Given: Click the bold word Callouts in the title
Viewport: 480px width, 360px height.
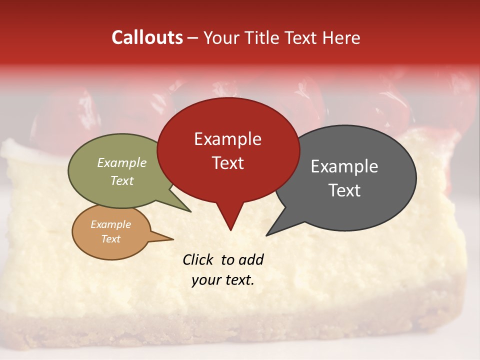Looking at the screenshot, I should (147, 37).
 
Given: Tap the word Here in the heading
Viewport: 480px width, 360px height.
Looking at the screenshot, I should (340, 37).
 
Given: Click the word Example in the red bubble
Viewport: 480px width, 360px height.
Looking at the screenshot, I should (227, 139).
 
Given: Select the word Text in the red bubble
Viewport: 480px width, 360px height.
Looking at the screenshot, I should (227, 163).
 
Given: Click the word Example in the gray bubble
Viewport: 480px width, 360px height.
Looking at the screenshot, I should (344, 166).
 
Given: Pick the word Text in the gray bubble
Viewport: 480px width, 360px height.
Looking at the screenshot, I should (344, 190).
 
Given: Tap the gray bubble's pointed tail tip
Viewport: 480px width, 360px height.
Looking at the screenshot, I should (267, 235).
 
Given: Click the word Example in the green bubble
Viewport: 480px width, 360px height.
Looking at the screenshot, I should (121, 163).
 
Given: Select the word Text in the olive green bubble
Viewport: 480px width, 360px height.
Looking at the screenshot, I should (121, 180).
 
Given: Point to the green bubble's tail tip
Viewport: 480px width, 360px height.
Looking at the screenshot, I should (190, 211).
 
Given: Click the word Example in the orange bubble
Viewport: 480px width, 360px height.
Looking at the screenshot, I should (110, 224).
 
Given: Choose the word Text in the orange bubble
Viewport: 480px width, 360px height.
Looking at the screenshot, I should (110, 239).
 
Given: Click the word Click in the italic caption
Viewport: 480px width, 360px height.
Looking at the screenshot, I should (199, 259).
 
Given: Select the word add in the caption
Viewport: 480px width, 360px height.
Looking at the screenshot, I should (250, 259).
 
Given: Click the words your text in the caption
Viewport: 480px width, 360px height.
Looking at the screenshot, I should (222, 280).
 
